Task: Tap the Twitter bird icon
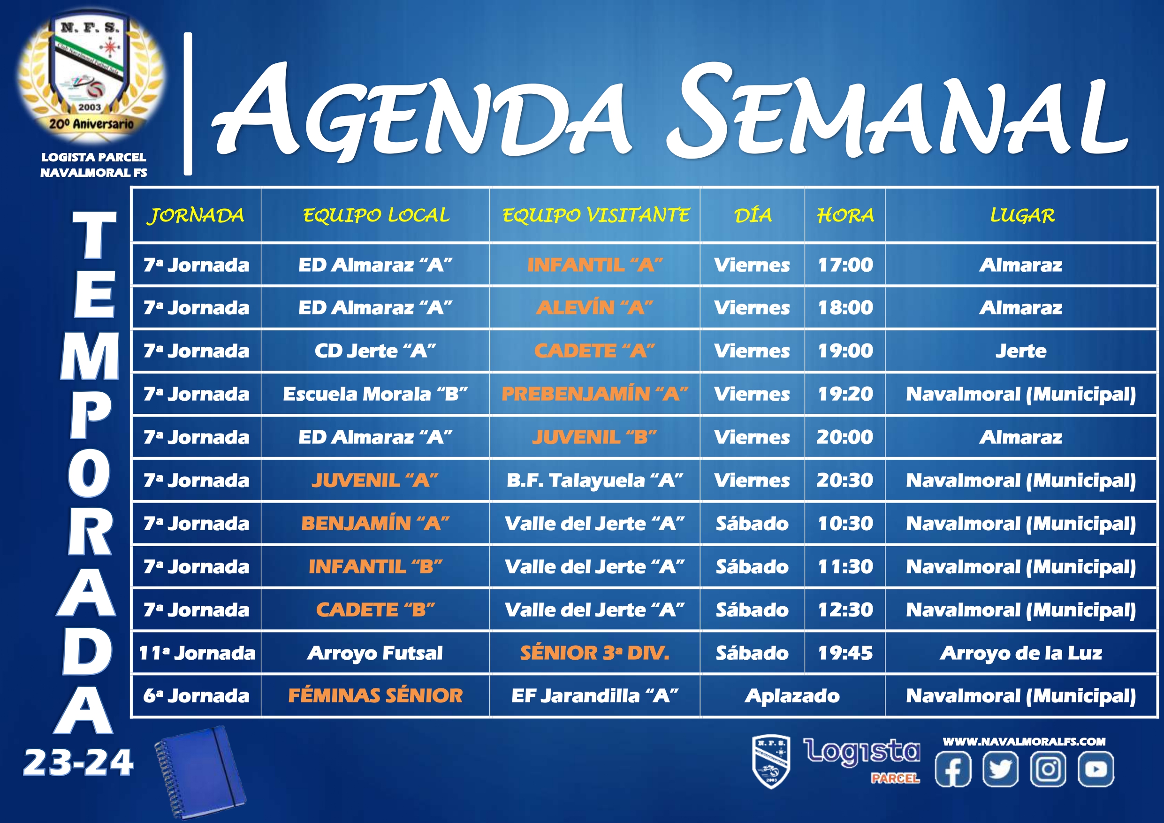tap(1000, 769)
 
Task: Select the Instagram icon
tap(1049, 769)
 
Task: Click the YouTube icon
tap(1096, 769)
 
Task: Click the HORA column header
tap(845, 215)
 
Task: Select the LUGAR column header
tap(1022, 215)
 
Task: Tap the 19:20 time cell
tap(845, 394)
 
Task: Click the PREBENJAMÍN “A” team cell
tap(595, 394)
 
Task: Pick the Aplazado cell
tap(792, 696)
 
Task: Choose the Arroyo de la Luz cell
tap(1021, 653)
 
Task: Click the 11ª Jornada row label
tap(197, 653)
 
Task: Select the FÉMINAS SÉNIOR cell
tap(375, 696)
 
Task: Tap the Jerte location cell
tap(1021, 351)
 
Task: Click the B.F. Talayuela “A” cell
tap(595, 480)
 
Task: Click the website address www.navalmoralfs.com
tap(1024, 741)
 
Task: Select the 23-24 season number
tap(78, 763)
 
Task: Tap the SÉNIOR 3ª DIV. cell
tap(595, 653)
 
